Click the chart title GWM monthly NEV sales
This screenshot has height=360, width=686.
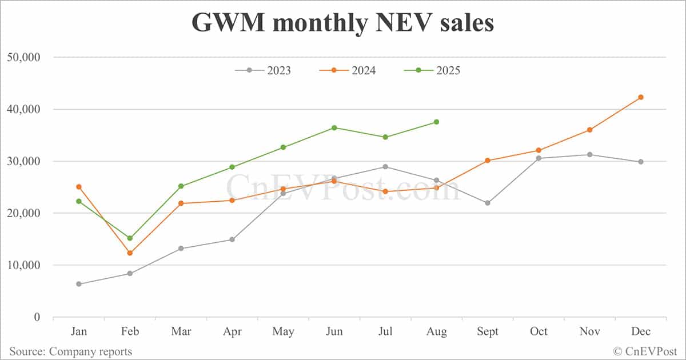tap(342, 23)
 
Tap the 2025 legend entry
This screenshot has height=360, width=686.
tap(432, 70)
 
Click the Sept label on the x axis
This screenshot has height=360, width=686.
tap(488, 331)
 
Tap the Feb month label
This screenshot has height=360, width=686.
tap(130, 331)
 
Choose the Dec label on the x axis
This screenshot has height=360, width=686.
tap(641, 331)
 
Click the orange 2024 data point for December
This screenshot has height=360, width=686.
tap(641, 97)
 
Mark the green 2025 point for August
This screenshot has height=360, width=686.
tap(436, 122)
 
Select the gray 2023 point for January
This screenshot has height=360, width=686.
tap(78, 284)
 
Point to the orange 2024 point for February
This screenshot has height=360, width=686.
tap(130, 253)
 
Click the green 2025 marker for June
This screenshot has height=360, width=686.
tap(334, 127)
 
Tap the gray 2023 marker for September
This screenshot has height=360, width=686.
tap(488, 203)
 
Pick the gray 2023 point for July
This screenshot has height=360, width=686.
tap(385, 167)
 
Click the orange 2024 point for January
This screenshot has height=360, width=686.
tap(78, 187)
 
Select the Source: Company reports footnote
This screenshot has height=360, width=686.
tap(70, 351)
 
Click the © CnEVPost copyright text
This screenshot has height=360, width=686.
tap(645, 351)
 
